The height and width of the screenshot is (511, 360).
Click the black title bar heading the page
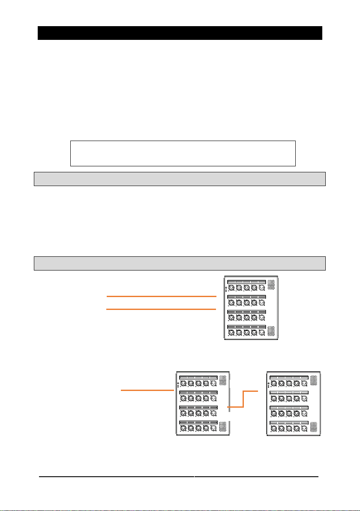pos(180,33)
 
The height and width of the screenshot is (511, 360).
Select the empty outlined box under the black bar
pos(183,153)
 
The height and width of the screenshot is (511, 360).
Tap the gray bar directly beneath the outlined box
pos(180,179)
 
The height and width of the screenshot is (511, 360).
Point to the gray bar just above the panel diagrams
pos(180,263)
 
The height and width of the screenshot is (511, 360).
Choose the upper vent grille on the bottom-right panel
pos(314,379)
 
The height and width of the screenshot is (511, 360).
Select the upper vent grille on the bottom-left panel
pos(223,379)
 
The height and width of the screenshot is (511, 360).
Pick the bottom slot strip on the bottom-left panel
pos(198,423)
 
